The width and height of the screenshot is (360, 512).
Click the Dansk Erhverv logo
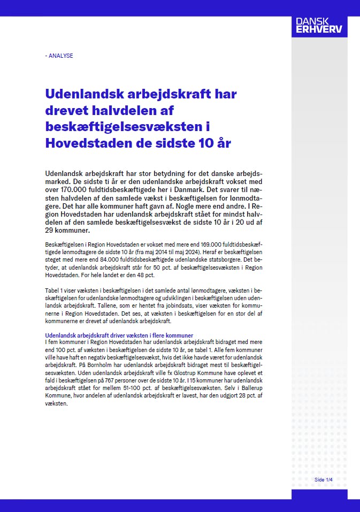click(x=319, y=25)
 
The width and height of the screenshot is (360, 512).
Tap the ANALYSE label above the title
click(x=59, y=56)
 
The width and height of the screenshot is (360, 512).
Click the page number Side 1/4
click(x=324, y=479)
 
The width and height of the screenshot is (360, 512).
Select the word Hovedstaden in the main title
click(x=87, y=143)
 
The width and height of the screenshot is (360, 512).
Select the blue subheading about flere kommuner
click(x=119, y=335)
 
